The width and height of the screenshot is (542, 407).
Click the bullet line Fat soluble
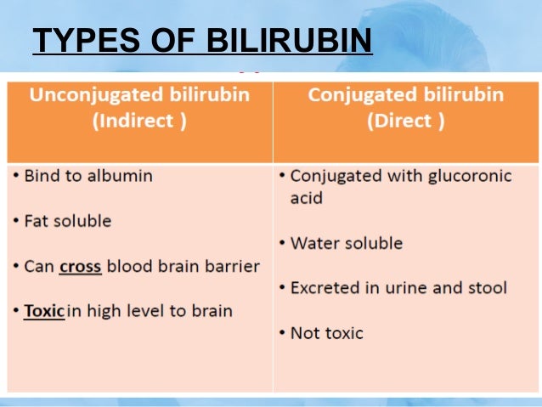[x=67, y=221]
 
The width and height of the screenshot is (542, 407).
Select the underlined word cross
[x=80, y=266]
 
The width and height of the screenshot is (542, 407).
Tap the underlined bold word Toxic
[x=44, y=310]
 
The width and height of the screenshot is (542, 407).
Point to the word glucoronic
[x=470, y=176]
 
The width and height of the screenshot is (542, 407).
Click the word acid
[x=306, y=198]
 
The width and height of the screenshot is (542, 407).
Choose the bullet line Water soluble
[x=346, y=243]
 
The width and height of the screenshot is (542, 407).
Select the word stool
[x=487, y=288]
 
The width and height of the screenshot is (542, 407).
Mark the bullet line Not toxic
[x=326, y=333]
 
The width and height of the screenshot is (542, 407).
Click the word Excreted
[x=324, y=288]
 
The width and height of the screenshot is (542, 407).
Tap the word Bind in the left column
[x=42, y=176]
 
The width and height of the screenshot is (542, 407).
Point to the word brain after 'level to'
[x=210, y=310]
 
